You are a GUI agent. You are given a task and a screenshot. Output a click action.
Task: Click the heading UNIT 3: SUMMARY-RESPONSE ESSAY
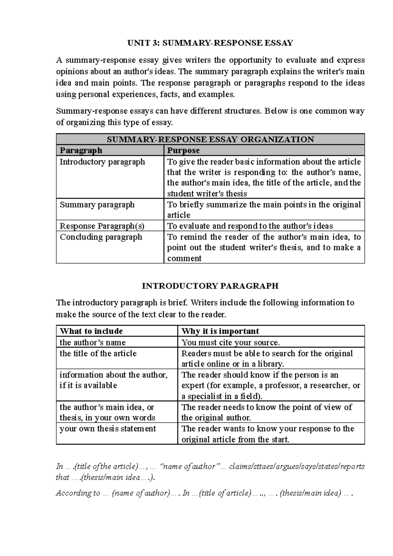tap(210, 43)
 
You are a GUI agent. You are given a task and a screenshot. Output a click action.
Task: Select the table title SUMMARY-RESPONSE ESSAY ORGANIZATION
tap(210, 139)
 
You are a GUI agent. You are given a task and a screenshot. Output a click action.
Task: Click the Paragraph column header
tap(81, 150)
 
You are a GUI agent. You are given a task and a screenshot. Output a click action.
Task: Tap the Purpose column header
tap(183, 150)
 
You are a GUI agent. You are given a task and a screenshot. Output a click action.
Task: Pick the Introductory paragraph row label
tap(102, 162)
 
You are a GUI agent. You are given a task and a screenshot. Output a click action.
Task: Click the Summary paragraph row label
tap(97, 205)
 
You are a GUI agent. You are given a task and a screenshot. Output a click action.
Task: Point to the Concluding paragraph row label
tap(101, 237)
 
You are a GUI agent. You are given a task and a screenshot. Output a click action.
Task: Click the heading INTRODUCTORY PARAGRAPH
tap(210, 286)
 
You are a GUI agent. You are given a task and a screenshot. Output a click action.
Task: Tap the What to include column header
tap(91, 331)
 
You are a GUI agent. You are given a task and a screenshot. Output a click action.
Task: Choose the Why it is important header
tap(220, 331)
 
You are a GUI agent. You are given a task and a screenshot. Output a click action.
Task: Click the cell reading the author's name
tap(93, 343)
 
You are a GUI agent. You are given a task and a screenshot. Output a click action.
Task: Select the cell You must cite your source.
tap(231, 343)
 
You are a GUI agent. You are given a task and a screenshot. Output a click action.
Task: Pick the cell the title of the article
tap(98, 353)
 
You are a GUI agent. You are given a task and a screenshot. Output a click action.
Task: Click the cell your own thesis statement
tap(108, 429)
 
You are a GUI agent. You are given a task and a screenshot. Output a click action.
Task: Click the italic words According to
tap(78, 493)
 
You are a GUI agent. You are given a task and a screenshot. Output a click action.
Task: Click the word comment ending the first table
tap(184, 258)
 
